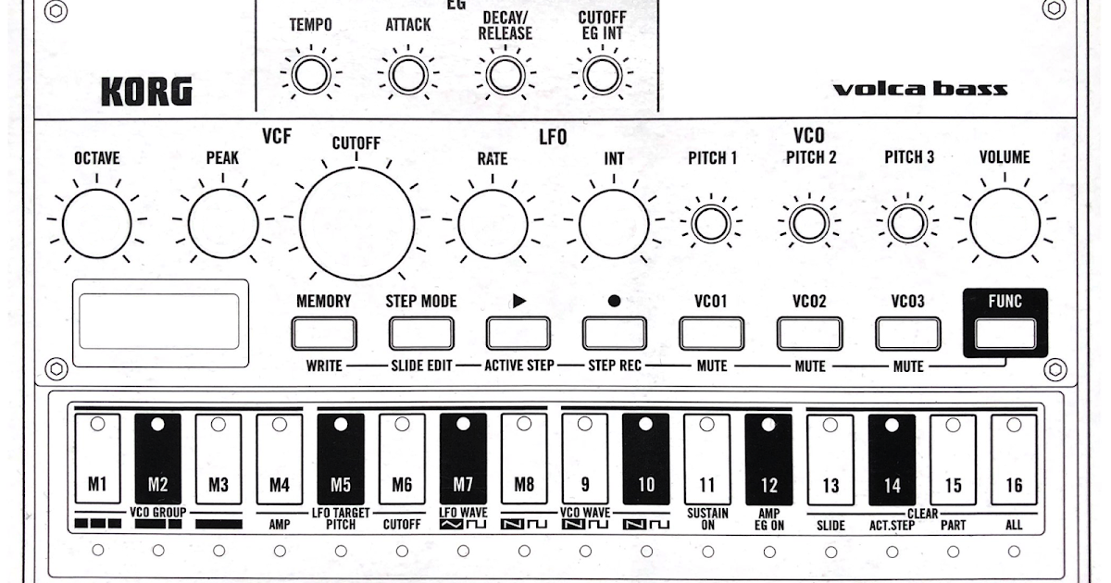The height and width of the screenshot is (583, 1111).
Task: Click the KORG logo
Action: click(x=146, y=92)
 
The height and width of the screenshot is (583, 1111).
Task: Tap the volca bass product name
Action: click(x=919, y=90)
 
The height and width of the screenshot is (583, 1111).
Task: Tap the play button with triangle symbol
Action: click(x=518, y=332)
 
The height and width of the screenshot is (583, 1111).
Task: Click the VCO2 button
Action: click(x=809, y=332)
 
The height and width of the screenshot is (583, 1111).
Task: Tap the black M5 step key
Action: click(x=340, y=458)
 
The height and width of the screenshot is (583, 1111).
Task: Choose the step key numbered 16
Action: click(x=1014, y=458)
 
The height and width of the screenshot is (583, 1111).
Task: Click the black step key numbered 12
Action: click(x=768, y=458)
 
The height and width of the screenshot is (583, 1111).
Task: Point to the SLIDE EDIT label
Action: click(x=420, y=366)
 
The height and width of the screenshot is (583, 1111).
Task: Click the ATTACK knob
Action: click(x=407, y=75)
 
